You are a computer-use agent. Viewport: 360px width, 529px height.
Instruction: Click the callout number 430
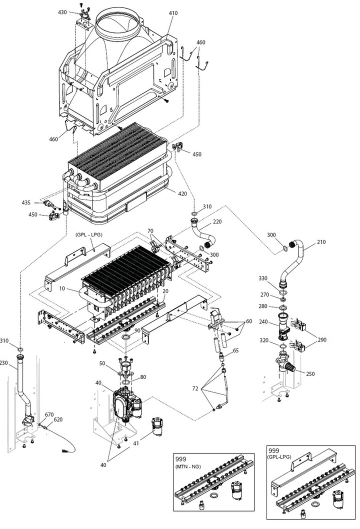pos(62,12)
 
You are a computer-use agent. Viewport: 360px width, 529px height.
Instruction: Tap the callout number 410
pos(173,13)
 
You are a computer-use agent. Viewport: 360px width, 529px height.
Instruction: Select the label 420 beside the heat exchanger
pos(182,193)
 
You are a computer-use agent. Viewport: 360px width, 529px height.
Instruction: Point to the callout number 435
pos(26,203)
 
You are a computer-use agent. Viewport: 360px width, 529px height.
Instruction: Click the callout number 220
pos(217,221)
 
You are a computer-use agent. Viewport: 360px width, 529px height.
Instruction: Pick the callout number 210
pos(321,242)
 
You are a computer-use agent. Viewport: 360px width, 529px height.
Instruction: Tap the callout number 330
pos(263,278)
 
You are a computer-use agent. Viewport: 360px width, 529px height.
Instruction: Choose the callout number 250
pos(310,374)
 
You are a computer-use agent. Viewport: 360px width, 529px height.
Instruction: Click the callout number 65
pos(235,350)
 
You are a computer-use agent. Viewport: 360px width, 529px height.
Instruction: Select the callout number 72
pos(195,388)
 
